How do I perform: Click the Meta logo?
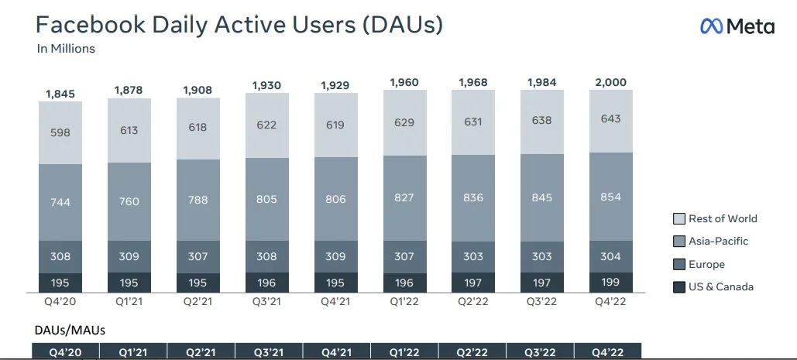[737, 26]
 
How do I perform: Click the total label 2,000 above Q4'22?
[610, 82]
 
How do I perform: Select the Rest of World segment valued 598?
[60, 132]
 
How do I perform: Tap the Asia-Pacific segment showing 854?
[610, 197]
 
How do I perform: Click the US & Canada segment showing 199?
[610, 282]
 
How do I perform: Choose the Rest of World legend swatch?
[678, 219]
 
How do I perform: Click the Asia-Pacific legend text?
[718, 242]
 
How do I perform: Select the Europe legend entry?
[705, 264]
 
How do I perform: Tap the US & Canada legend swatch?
[678, 287]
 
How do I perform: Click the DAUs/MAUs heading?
[70, 330]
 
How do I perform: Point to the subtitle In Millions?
[66, 49]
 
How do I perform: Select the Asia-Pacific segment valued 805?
[266, 199]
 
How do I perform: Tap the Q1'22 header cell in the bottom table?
[404, 351]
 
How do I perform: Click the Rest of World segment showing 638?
[541, 120]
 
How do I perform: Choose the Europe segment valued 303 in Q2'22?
[472, 257]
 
